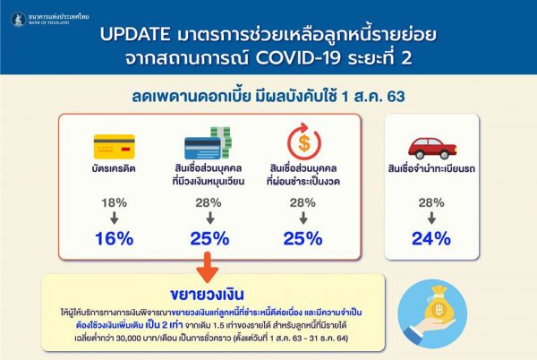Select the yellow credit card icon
tap(110, 145)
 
